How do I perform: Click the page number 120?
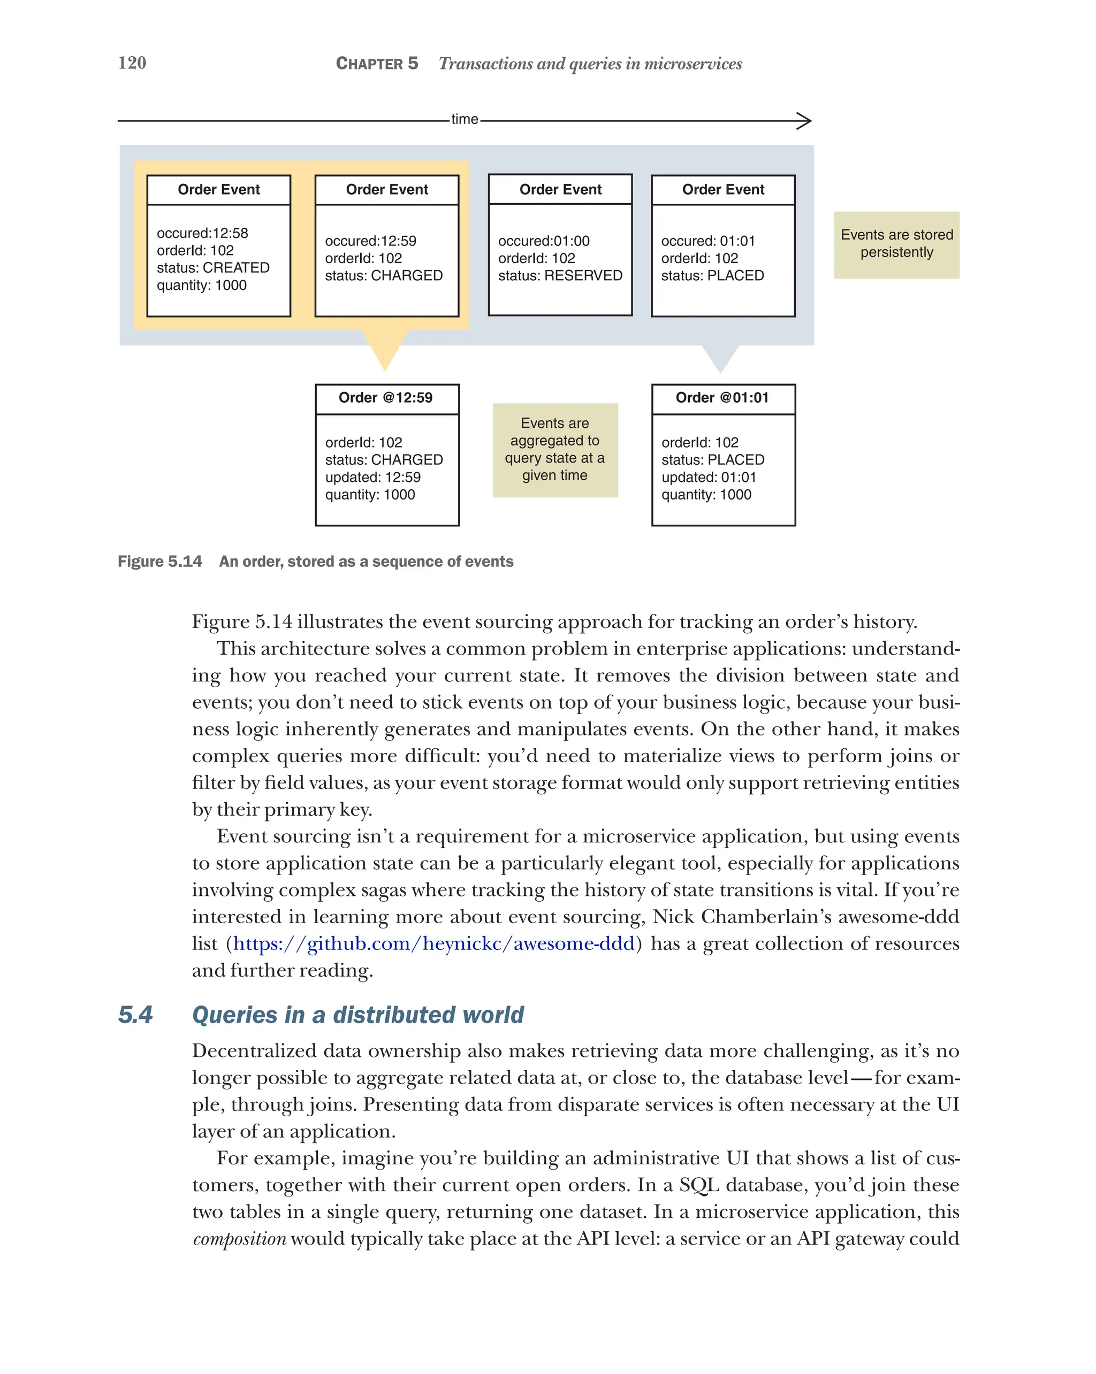[132, 63]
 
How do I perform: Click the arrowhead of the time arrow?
[805, 120]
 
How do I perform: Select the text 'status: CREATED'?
[213, 267]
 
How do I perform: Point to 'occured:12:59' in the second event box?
[370, 241]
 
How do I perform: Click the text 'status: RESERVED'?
[560, 275]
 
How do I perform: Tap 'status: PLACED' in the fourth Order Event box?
[712, 275]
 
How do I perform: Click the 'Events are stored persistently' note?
[896, 244]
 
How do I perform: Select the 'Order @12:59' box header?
[386, 398]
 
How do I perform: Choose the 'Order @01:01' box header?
[722, 398]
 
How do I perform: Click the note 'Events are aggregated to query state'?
[555, 449]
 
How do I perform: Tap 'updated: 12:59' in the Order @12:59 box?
[372, 477]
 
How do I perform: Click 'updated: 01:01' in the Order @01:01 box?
[709, 477]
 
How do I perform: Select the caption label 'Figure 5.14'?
[159, 562]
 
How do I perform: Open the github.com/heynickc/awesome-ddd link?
[433, 943]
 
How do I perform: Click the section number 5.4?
[135, 1015]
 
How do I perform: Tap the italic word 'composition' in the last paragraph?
[240, 1238]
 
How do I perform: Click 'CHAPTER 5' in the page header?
[377, 64]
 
